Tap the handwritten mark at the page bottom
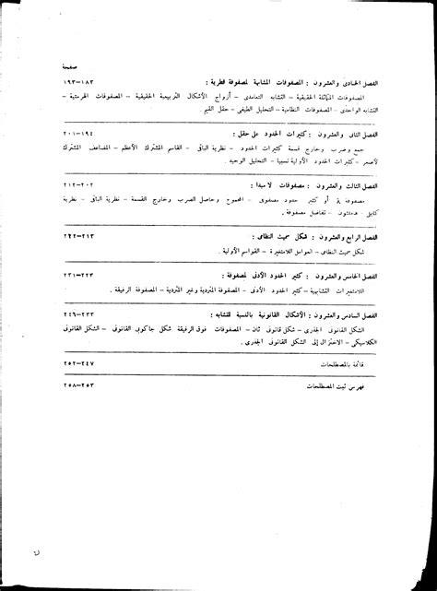click(x=61, y=556)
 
